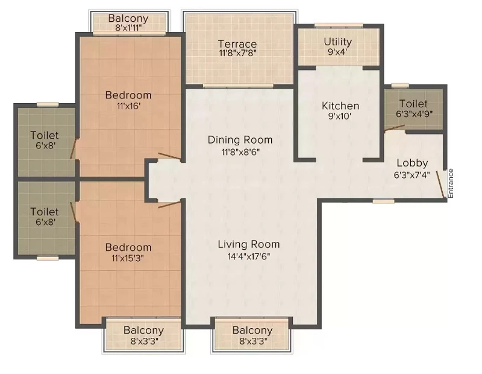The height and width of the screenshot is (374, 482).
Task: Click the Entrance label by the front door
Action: click(450, 183)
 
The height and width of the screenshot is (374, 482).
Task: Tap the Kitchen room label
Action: click(340, 106)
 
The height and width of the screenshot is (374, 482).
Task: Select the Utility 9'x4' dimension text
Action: click(337, 52)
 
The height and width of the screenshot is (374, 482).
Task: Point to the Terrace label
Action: click(237, 43)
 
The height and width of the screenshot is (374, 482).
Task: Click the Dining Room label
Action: click(240, 140)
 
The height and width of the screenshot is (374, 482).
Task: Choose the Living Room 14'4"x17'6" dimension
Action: click(249, 256)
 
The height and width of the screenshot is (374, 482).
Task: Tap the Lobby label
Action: click(412, 163)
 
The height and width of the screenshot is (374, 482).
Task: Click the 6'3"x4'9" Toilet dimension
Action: click(415, 114)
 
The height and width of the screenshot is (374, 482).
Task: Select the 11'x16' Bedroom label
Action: click(128, 95)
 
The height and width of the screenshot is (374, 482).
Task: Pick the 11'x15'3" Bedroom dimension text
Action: click(128, 258)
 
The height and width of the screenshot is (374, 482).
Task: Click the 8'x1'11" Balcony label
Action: click(128, 28)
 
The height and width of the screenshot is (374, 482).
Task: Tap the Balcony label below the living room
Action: click(252, 331)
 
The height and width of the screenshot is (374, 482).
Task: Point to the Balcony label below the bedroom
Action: click(143, 331)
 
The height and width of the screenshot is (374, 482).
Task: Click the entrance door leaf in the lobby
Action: click(440, 185)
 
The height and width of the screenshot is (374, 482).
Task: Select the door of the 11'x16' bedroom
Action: click(170, 156)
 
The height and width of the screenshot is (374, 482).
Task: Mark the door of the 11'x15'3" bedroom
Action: click(169, 204)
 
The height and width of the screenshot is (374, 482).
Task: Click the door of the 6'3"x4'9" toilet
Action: click(395, 128)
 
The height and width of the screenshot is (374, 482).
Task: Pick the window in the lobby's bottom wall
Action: click(384, 201)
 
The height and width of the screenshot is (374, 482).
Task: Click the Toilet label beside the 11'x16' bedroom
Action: click(45, 135)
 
